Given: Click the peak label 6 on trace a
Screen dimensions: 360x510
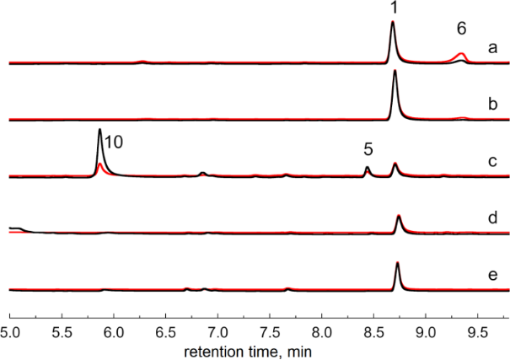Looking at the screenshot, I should [x=461, y=28].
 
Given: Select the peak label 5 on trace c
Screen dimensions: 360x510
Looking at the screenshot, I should [x=368, y=149].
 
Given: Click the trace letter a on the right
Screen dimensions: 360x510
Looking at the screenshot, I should [x=491, y=50].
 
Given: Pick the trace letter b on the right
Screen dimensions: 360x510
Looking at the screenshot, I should [x=491, y=105].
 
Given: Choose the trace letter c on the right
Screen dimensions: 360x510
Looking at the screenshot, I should [x=491, y=161].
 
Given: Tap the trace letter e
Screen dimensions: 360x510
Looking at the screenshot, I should [x=491, y=273].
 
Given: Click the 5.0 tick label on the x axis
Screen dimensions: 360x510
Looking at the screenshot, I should [x=10, y=320].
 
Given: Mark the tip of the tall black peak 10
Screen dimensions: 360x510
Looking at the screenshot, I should [x=100, y=129].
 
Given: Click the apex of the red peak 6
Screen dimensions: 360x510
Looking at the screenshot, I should [x=460, y=53].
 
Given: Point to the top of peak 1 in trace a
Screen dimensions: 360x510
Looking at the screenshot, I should [x=393, y=22].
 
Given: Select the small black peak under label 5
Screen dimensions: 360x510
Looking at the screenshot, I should [x=367, y=168].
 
